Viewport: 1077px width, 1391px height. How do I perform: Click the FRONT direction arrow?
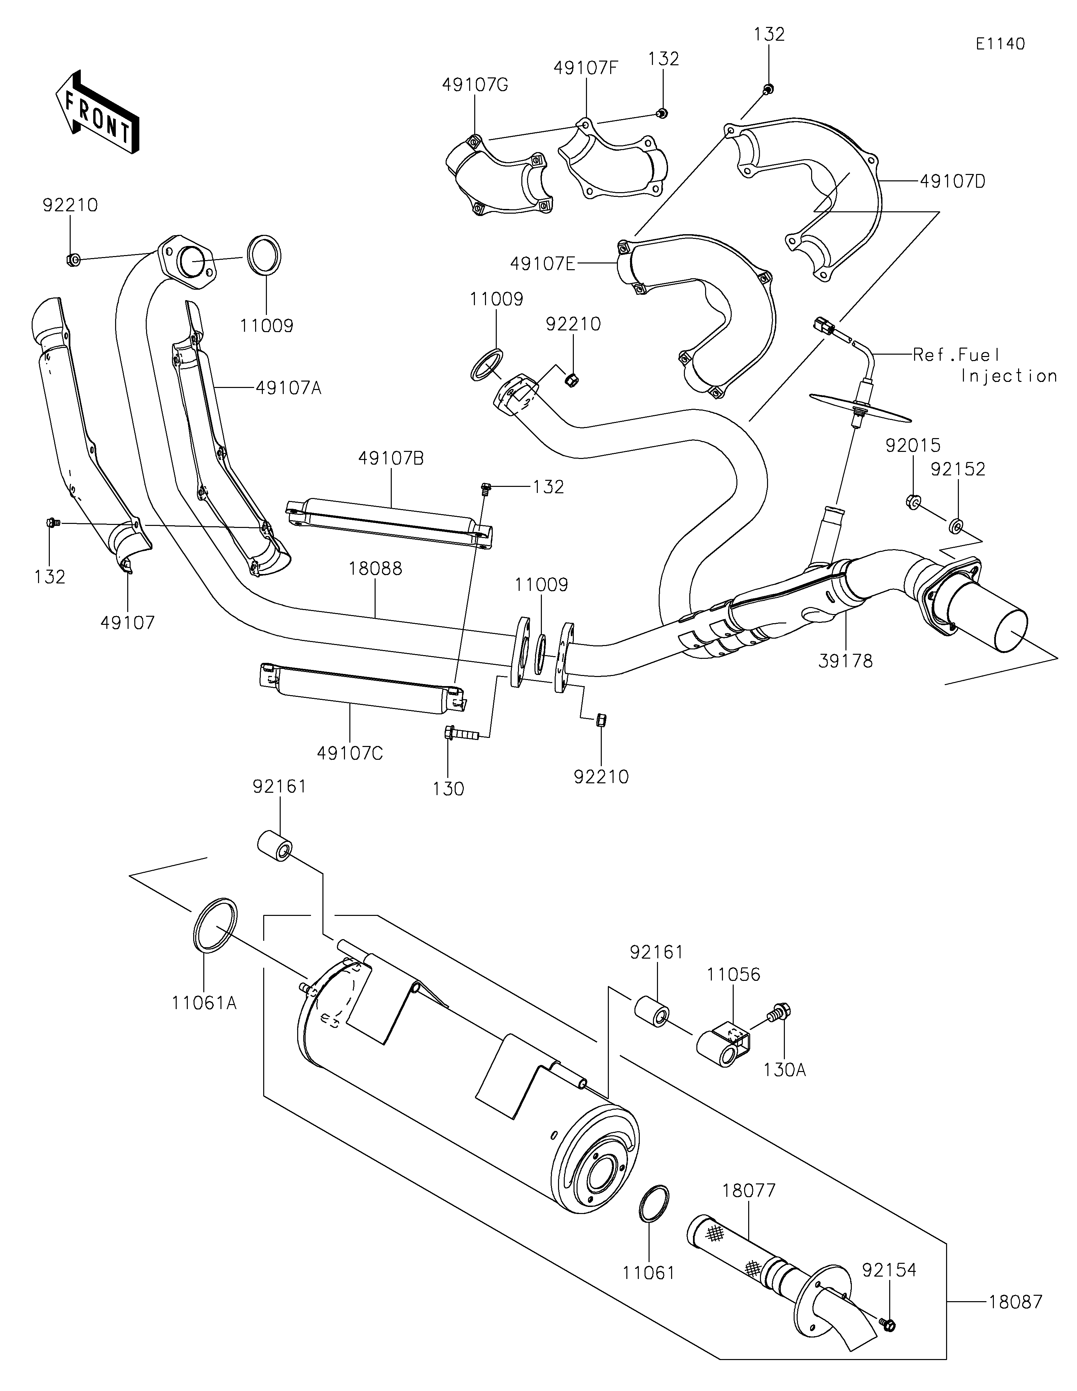[x=97, y=113]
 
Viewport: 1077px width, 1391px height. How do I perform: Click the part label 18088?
[x=375, y=569]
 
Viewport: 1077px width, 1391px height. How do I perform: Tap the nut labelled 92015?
[x=912, y=501]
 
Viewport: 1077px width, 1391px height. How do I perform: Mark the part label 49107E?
[x=542, y=263]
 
